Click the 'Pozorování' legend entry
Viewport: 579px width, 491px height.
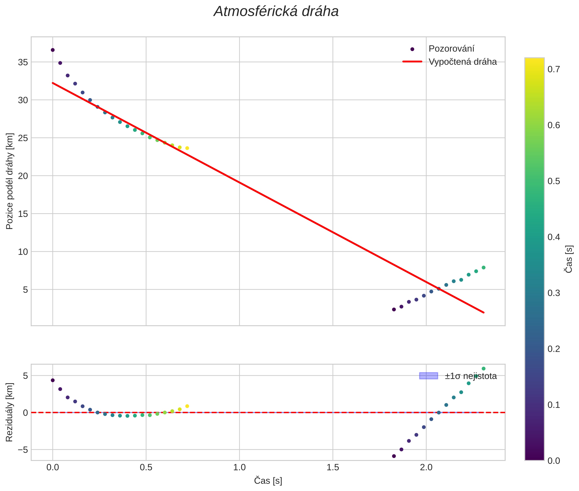[x=451, y=49]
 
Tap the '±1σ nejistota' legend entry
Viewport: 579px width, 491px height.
[x=470, y=376]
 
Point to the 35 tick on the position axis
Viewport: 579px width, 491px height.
[x=23, y=62]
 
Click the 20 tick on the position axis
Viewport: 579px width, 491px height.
[x=23, y=176]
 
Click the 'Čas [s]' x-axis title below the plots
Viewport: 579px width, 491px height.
[x=268, y=481]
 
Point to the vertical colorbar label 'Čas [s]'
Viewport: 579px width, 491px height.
[x=569, y=259]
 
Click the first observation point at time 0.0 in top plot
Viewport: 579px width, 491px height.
[x=53, y=50]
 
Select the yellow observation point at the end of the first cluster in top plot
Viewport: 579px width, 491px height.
[x=187, y=148]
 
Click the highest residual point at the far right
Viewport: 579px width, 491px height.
[x=484, y=369]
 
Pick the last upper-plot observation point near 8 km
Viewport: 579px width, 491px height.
[x=484, y=267]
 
